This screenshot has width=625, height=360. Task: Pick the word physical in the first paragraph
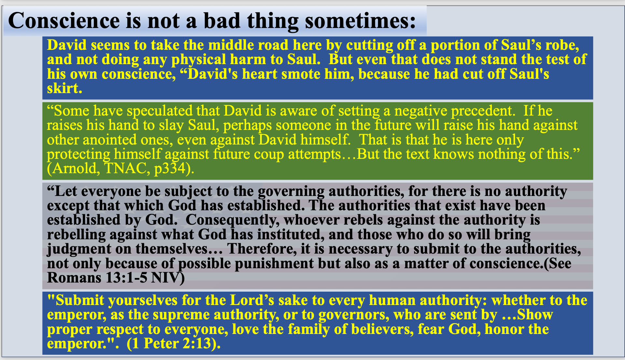tap(199, 60)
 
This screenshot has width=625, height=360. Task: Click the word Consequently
tap(232, 220)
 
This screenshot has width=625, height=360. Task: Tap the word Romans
tap(74, 278)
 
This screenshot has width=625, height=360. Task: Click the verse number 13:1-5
tap(126, 278)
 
